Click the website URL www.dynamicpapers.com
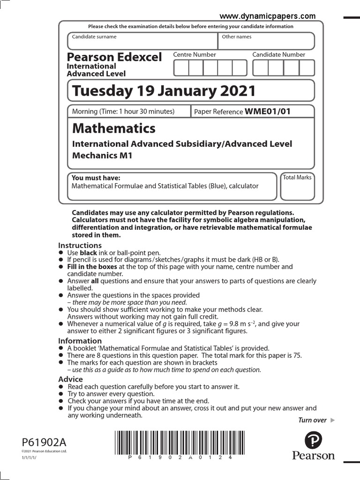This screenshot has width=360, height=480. point(274,15)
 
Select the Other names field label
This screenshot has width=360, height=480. point(237,37)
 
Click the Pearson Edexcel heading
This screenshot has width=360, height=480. point(114,57)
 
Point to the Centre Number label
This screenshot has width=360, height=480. point(195,55)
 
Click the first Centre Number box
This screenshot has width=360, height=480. point(181,68)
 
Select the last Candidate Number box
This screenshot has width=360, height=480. point(307,68)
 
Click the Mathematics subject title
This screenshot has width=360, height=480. point(113,128)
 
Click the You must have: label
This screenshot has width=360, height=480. point(96,178)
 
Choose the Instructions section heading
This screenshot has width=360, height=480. point(80,246)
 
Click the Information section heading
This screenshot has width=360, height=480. point(80,341)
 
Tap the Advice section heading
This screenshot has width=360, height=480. point(70,379)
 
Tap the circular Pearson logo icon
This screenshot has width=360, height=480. point(313,441)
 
